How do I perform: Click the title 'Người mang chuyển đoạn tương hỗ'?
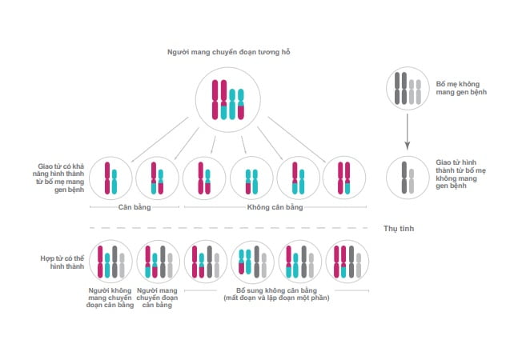(228, 52)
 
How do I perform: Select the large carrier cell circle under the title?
(228, 68)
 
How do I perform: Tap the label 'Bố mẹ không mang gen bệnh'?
(461, 88)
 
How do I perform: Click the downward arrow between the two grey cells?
(408, 132)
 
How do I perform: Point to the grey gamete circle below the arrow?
(408, 157)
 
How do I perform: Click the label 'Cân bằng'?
(135, 207)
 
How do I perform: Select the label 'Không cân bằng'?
(275, 207)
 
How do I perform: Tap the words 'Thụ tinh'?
(399, 228)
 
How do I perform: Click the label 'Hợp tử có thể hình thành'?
(62, 262)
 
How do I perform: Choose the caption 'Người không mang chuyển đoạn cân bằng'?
(110, 298)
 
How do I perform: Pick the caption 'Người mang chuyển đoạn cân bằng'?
(157, 298)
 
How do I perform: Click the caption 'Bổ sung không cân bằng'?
(276, 290)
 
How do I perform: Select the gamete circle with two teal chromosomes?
(251, 157)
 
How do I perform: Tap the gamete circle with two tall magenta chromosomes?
(344, 157)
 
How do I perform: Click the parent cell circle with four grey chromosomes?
(408, 67)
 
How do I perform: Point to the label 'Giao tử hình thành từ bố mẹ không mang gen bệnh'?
(460, 174)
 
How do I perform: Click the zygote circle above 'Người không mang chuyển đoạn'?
(110, 241)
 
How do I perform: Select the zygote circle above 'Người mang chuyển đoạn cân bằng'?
(158, 241)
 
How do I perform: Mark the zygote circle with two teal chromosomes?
(252, 241)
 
